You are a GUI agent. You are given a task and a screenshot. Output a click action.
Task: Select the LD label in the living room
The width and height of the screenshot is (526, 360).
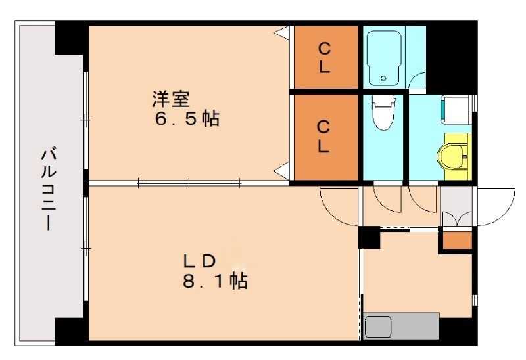pos(199,261)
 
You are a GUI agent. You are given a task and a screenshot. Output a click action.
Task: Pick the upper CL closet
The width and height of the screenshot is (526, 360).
pos(325,57)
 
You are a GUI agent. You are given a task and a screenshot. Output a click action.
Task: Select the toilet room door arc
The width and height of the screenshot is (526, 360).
pos(386,202)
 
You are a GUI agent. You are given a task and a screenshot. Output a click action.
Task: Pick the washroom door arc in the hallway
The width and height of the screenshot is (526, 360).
pos(421,202)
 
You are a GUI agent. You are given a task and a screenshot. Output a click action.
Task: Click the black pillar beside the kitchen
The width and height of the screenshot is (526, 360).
pos(369,237)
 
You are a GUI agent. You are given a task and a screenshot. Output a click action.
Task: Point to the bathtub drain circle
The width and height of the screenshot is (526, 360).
pos(383,80)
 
